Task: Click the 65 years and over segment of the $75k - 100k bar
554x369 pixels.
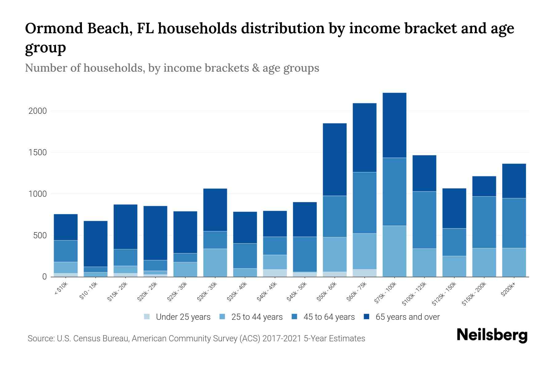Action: pos(394,125)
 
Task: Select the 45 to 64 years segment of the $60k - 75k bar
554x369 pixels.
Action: pos(364,203)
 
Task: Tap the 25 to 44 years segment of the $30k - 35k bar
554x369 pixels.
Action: pos(215,263)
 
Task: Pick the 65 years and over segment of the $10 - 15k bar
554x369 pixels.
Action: pos(95,244)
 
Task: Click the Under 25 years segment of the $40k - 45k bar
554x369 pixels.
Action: pos(275,273)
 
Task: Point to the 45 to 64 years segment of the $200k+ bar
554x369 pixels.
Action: pos(514,223)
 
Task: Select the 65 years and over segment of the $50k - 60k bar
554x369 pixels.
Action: pos(335,159)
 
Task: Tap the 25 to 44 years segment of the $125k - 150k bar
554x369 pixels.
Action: pos(454,266)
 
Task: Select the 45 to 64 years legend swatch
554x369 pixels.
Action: pos(295,317)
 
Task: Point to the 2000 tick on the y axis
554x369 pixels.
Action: pos(38,111)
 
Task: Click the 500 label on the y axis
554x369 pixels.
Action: pos(40,236)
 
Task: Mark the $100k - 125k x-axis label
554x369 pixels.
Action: pos(414,293)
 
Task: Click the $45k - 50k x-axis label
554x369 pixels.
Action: pos(297,292)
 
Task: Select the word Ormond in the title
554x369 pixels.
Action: pos(54,28)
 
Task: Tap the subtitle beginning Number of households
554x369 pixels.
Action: pos(172,68)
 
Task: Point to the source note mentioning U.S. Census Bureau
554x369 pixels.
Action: pos(196,339)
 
